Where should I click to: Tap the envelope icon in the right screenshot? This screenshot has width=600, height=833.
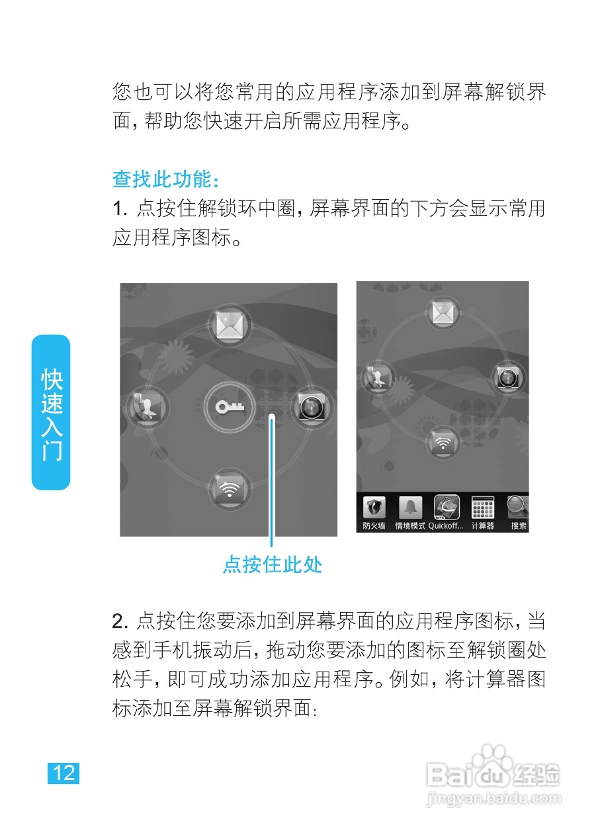click(442, 314)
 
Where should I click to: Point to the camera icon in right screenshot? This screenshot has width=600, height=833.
click(511, 378)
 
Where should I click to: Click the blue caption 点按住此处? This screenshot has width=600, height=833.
click(272, 565)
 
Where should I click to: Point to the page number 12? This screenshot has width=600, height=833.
click(64, 773)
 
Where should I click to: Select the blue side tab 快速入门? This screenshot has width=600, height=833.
click(52, 413)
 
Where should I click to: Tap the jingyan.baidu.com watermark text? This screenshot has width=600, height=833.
click(492, 799)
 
